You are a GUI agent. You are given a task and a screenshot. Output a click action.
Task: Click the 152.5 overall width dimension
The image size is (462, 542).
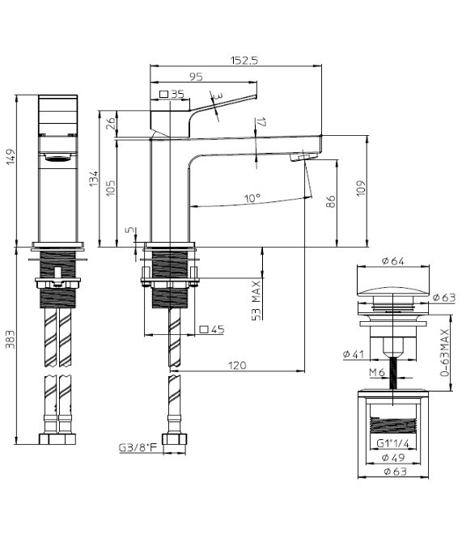click(244, 61)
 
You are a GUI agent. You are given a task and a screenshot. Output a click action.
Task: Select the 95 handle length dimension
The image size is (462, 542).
click(196, 77)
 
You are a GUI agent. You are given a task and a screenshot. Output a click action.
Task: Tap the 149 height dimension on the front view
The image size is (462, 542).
click(11, 157)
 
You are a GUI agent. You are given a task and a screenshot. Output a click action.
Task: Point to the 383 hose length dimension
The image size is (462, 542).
click(11, 339)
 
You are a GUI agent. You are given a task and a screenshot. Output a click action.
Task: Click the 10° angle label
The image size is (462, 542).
click(252, 198)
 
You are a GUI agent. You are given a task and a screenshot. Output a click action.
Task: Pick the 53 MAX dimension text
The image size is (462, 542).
click(256, 301)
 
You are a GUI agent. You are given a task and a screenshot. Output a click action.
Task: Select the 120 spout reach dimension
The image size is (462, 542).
click(237, 365)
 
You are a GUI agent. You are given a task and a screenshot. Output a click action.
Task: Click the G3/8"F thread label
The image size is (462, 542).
click(138, 448)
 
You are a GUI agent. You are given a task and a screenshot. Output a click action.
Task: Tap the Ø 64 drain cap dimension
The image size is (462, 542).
click(393, 260)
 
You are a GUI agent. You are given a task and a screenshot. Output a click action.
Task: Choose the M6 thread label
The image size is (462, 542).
click(376, 372)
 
